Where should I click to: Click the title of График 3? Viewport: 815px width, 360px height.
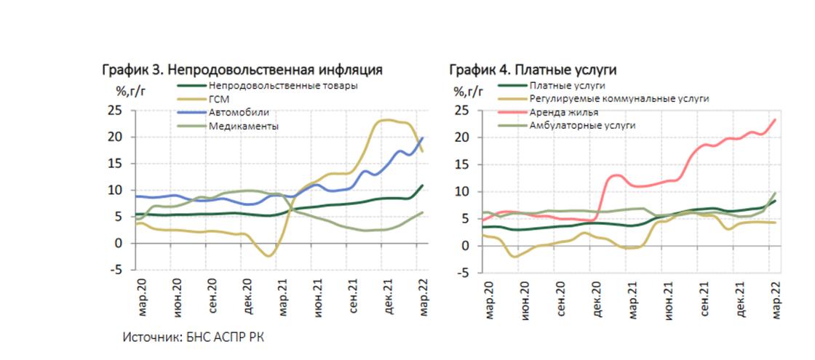(242, 70)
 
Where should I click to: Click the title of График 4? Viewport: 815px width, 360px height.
(533, 70)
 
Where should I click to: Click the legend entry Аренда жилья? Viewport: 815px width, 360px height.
(564, 112)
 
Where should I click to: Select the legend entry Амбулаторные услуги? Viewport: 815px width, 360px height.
(582, 125)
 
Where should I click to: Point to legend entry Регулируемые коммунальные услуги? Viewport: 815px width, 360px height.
(619, 98)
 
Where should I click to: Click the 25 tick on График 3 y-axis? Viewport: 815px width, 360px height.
(114, 111)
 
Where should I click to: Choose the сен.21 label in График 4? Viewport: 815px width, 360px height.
(704, 297)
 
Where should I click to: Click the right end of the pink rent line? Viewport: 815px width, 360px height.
(775, 119)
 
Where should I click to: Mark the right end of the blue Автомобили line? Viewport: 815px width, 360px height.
(423, 137)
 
